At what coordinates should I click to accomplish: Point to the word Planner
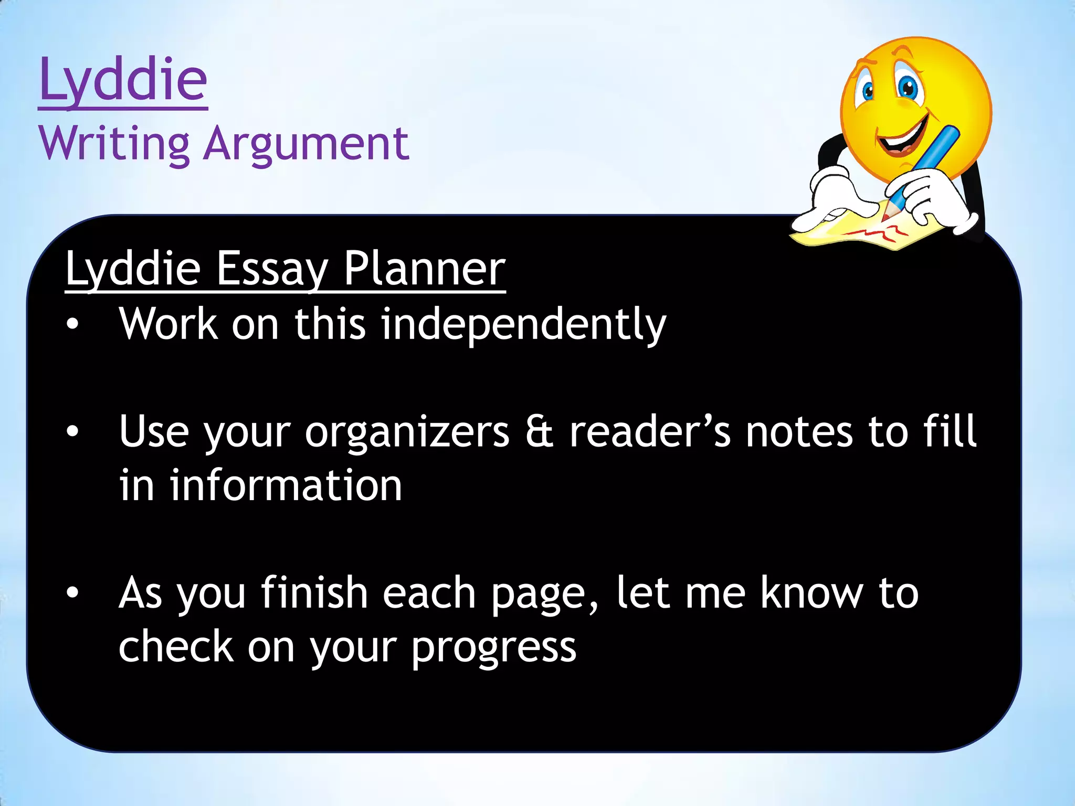[x=425, y=269]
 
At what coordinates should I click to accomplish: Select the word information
[x=286, y=485]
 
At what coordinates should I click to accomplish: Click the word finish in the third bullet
[x=314, y=593]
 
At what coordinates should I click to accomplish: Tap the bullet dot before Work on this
[x=72, y=325]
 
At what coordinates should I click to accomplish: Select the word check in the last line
[x=176, y=648]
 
